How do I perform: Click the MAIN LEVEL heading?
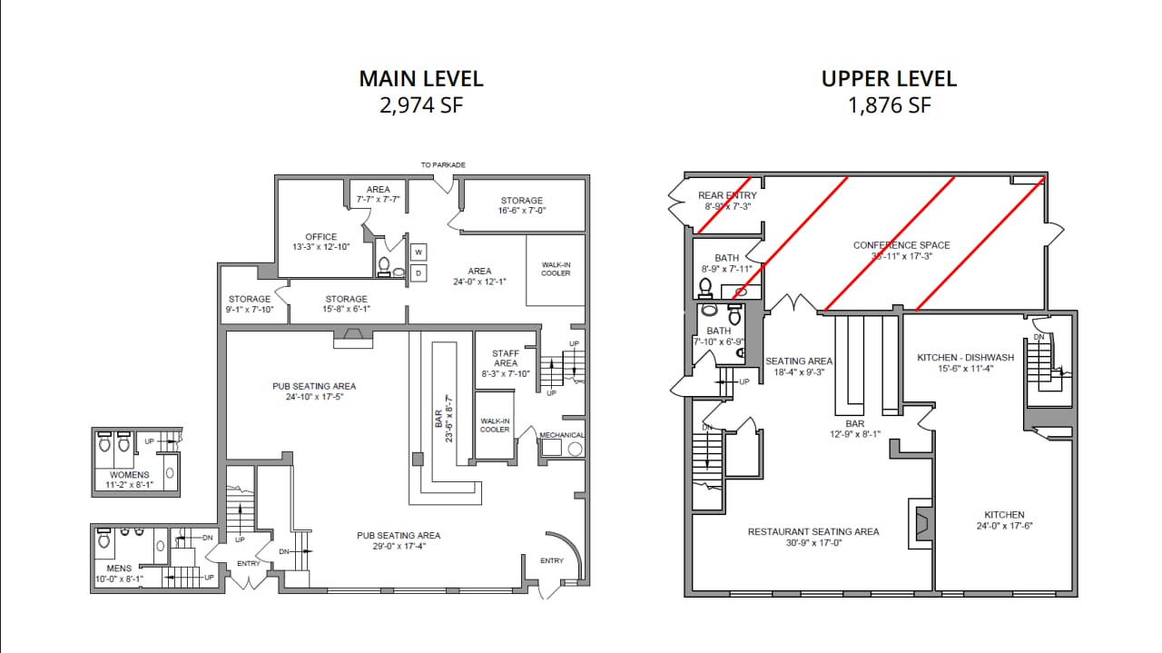pos(421,78)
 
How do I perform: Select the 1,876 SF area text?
pos(889,105)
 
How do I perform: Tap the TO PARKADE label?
pos(443,165)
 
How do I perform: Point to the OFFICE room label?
pos(320,237)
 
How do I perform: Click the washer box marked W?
pos(419,252)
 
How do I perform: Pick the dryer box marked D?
pos(419,272)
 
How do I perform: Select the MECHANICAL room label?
pos(562,435)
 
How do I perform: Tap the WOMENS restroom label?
pos(129,475)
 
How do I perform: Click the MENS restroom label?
pos(119,569)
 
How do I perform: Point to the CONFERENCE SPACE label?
pos(901,245)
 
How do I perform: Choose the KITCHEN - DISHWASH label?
pos(962,358)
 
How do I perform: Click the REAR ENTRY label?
pos(726,195)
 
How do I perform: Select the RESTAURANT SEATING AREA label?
pos(812,531)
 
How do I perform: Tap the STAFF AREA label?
pos(505,358)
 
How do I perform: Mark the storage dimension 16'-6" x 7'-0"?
pos(521,211)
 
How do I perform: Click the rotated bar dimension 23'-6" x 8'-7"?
pos(448,418)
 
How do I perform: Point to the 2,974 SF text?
pos(421,105)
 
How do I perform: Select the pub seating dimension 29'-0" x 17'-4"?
pos(399,546)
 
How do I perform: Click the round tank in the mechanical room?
pos(574,450)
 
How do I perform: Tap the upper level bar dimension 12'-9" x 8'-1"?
pos(854,434)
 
